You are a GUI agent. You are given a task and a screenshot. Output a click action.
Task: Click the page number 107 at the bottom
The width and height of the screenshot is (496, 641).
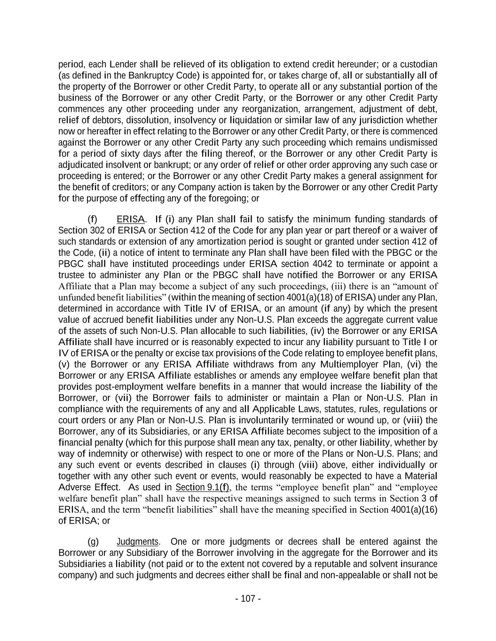(248, 599)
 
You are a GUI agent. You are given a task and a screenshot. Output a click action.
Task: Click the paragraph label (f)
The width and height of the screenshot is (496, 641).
(93, 219)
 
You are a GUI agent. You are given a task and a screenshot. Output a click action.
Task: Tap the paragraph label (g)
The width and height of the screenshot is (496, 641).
(93, 542)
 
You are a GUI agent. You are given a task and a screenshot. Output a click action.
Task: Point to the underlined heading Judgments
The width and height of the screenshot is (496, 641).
(138, 542)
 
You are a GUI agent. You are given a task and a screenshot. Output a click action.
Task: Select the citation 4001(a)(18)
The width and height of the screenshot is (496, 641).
(310, 297)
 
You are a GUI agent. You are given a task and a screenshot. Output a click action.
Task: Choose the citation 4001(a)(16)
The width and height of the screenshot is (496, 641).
(414, 510)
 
